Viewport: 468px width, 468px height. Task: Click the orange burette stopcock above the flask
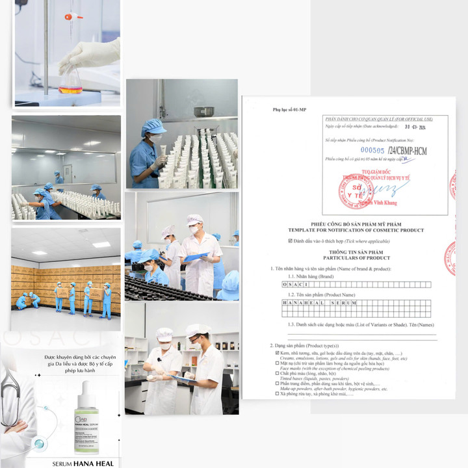coord(70,17)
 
